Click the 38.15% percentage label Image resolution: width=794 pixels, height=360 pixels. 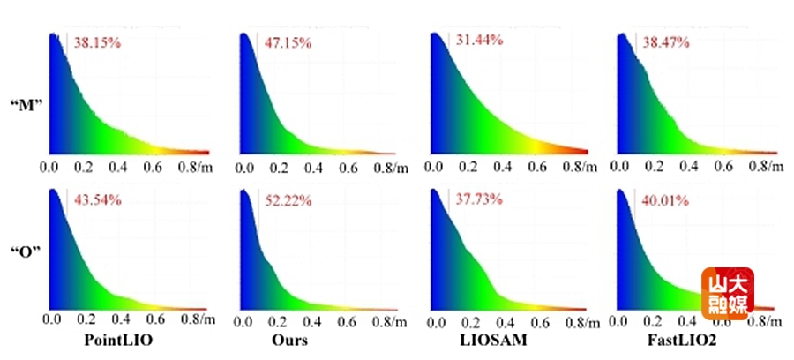97,42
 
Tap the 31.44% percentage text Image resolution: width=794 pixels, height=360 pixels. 479,40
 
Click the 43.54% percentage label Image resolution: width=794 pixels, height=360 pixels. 97,199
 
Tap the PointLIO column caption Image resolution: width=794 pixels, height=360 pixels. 116,340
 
